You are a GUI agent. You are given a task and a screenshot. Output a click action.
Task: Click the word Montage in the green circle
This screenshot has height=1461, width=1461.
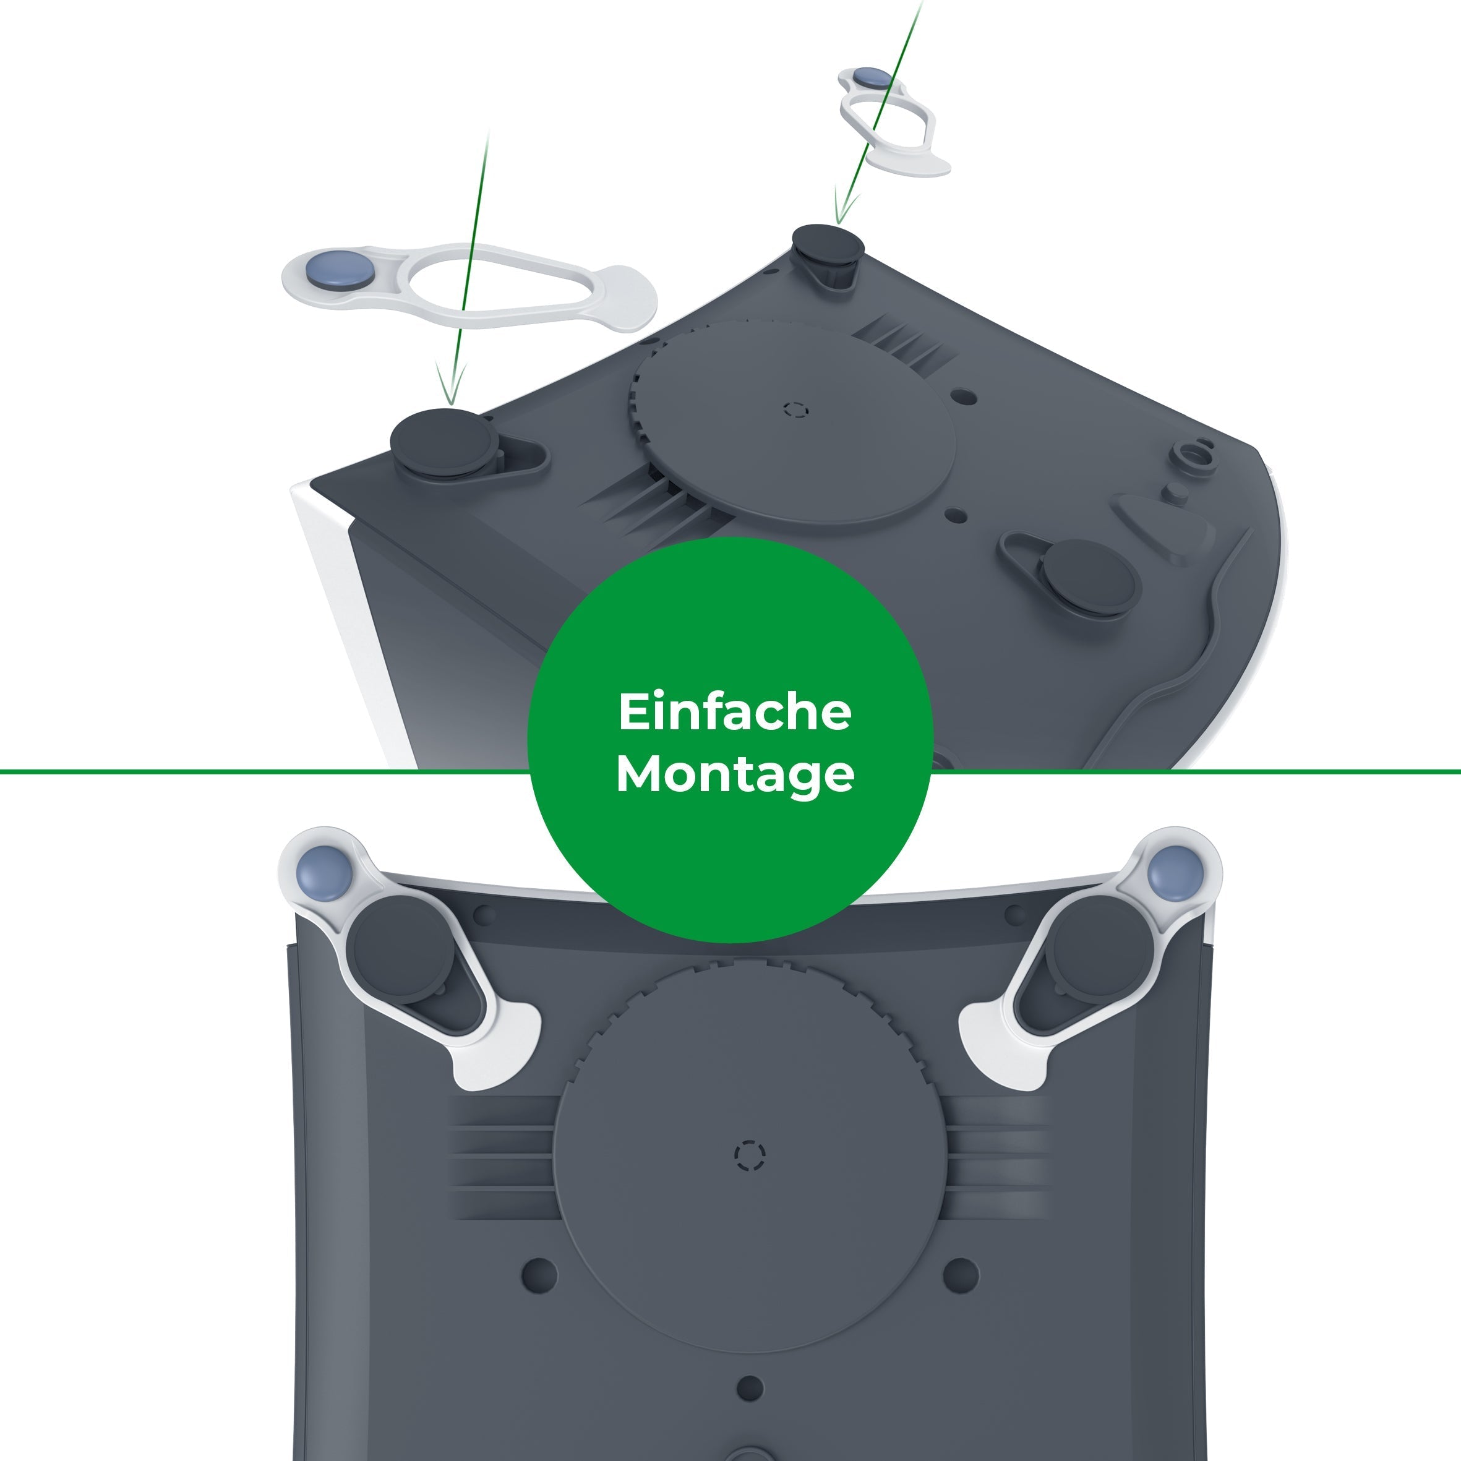click(734, 774)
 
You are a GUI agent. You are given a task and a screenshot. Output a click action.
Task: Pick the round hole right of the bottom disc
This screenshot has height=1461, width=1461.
click(961, 1274)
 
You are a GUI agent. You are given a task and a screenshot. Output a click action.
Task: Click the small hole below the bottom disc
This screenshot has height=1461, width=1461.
click(750, 1387)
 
